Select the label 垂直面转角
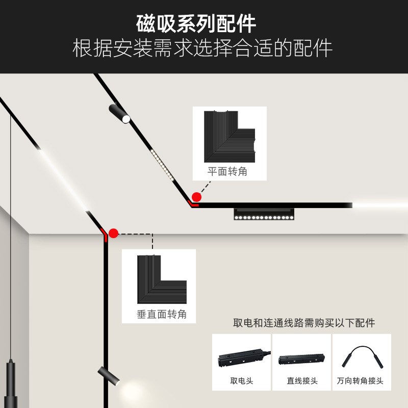[x=162, y=314]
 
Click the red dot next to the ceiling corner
[x=196, y=197]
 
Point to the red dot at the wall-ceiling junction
[x=113, y=234]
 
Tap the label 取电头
[x=242, y=380]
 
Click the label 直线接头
[x=302, y=380]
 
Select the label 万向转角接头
[x=360, y=380]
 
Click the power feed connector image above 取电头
[x=242, y=358]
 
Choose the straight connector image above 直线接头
[x=301, y=359]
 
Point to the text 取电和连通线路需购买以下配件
[x=304, y=323]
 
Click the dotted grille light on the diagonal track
[x=163, y=164]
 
